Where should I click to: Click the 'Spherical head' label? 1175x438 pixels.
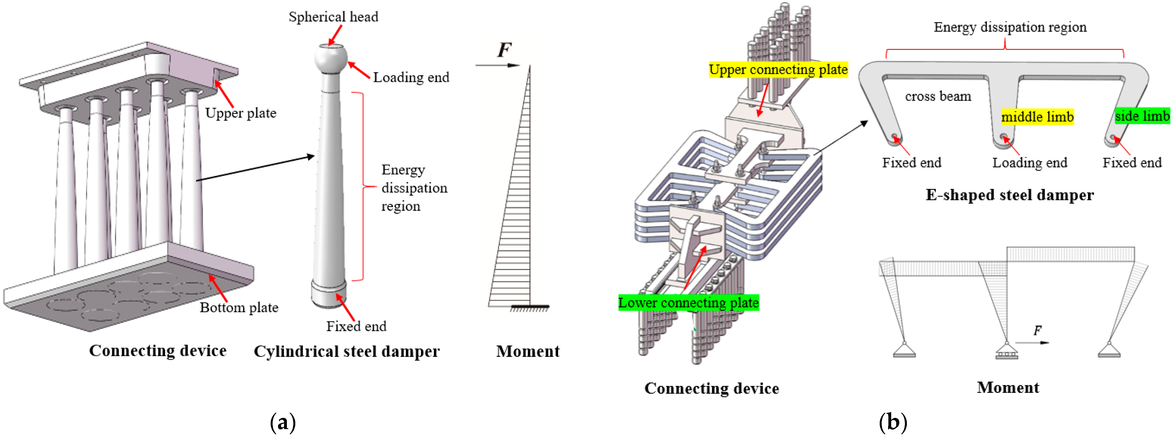point(333,17)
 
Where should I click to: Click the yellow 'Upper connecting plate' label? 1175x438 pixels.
point(778,69)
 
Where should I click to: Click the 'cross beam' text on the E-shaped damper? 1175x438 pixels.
point(938,96)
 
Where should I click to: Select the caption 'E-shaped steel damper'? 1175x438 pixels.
point(1009,195)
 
